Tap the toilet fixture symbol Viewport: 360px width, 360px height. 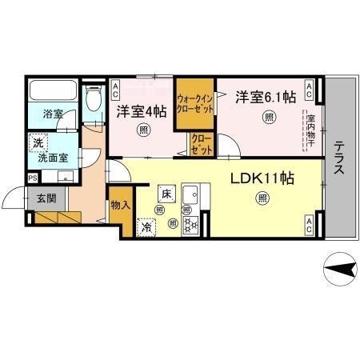pos(92,100)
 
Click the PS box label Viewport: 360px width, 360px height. pos(32,177)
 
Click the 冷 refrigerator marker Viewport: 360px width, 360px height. pos(147,227)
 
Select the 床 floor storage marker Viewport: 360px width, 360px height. pos(166,193)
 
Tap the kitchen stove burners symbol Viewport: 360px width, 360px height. pos(193,224)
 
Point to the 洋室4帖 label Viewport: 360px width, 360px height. pos(142,110)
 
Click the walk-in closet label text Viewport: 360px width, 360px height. pos(197,104)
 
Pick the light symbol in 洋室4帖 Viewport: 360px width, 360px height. pos(143,130)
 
